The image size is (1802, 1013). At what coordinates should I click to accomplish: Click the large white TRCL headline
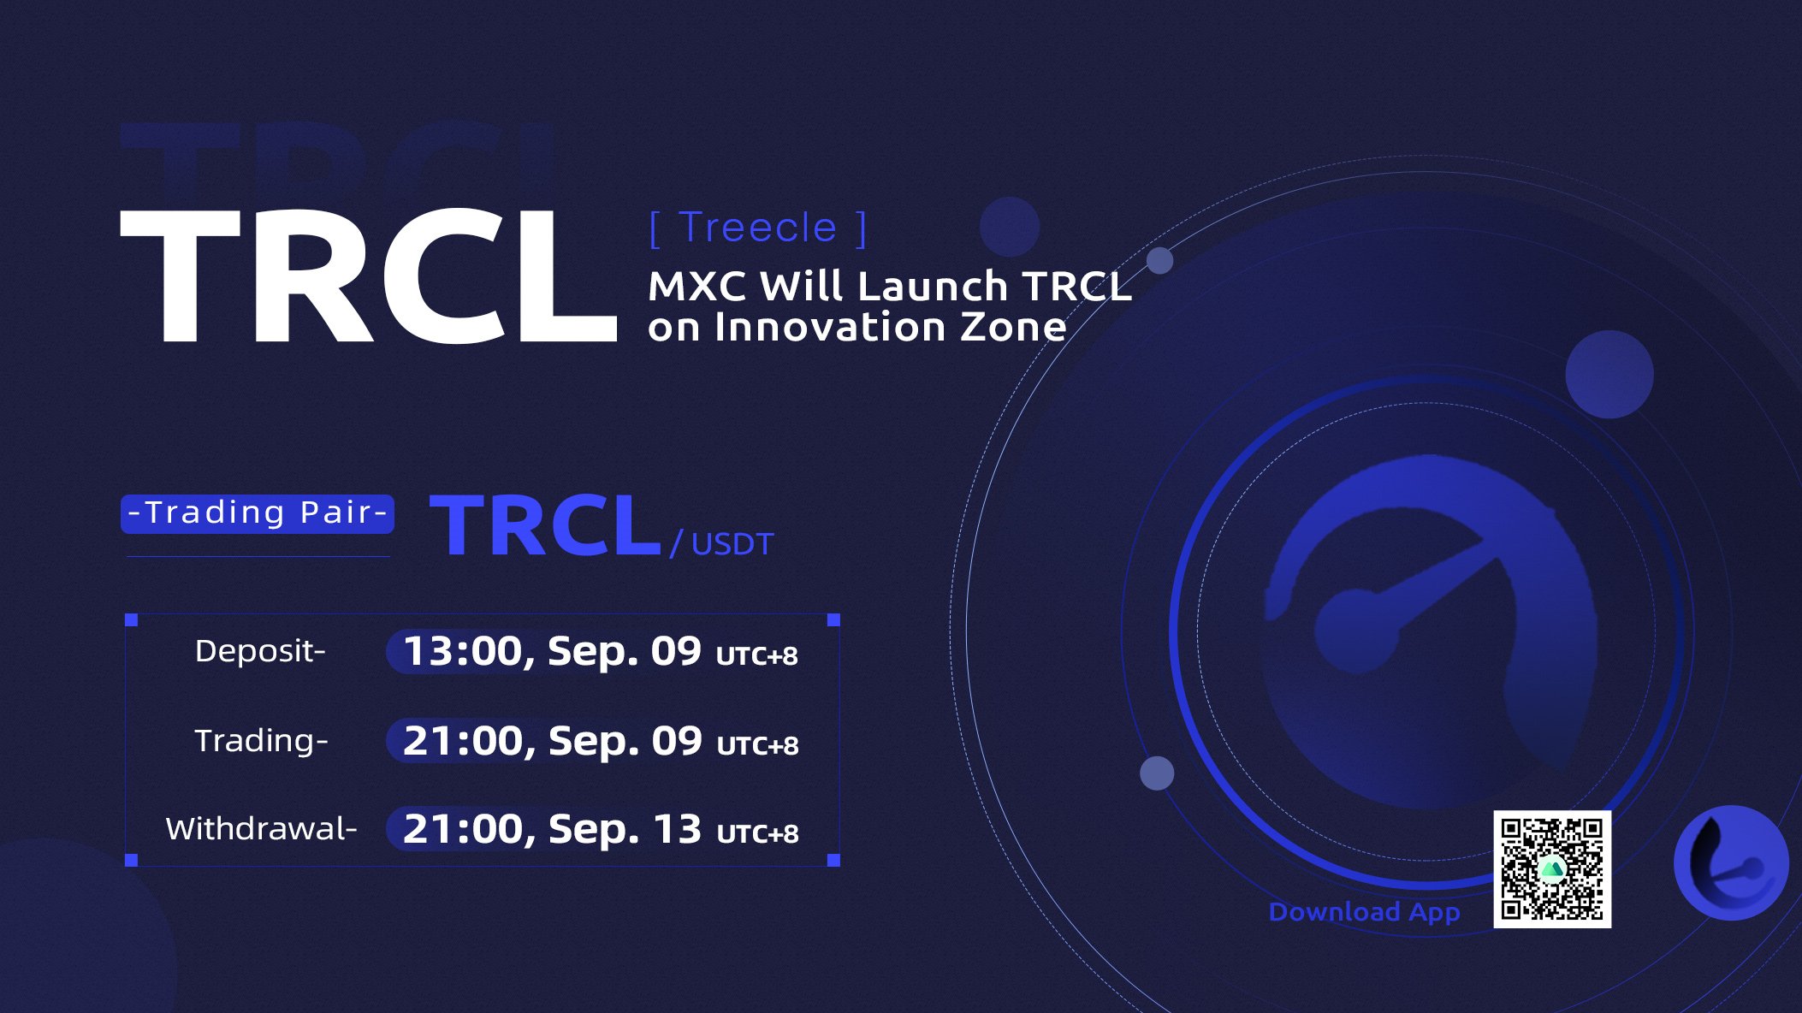click(369, 276)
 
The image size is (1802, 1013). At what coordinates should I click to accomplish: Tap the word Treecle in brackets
click(757, 228)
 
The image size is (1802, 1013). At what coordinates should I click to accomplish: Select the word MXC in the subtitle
click(696, 287)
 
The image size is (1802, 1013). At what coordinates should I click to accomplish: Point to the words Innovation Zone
click(891, 327)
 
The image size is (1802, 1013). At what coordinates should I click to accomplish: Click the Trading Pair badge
click(258, 513)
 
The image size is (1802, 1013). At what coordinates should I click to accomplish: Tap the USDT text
click(732, 545)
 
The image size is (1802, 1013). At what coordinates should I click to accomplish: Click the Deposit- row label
click(260, 651)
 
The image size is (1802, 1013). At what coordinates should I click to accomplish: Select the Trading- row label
click(261, 741)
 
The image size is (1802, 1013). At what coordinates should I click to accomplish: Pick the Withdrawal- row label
click(261, 829)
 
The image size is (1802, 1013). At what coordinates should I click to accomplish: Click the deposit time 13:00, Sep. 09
click(552, 652)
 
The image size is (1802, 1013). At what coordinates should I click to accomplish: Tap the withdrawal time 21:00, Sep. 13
click(552, 829)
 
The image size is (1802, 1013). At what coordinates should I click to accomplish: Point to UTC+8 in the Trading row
click(757, 746)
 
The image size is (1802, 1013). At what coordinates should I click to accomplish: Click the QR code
click(1552, 869)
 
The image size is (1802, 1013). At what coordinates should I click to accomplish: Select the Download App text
click(1364, 912)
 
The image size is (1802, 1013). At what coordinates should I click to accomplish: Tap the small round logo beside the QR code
click(1731, 862)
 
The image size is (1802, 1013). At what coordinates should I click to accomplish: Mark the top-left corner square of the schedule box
click(131, 619)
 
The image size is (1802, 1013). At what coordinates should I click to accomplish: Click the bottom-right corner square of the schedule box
click(833, 860)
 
